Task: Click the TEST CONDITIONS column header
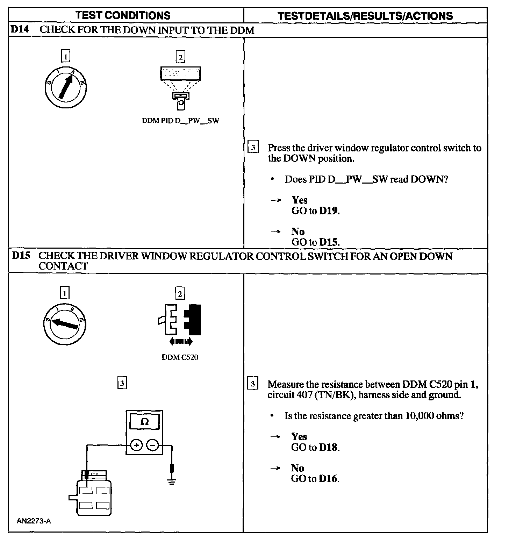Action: point(123,15)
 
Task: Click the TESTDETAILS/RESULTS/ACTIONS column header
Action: point(365,16)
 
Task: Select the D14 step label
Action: point(20,29)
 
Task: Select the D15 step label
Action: point(21,256)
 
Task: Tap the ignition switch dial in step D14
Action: point(65,87)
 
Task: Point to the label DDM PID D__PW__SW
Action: point(180,121)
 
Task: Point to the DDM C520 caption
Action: point(180,357)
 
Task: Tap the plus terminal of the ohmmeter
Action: point(136,445)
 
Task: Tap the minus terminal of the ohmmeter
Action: point(152,445)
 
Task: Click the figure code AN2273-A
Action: point(34,521)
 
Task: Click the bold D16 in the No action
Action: point(329,479)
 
